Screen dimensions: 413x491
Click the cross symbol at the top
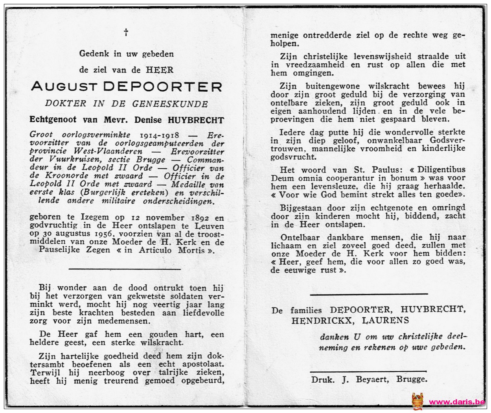(126, 32)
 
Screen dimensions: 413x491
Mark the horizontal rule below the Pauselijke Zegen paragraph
(125, 269)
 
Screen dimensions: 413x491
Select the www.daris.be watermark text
(456, 402)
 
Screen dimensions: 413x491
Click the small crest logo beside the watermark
(417, 401)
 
